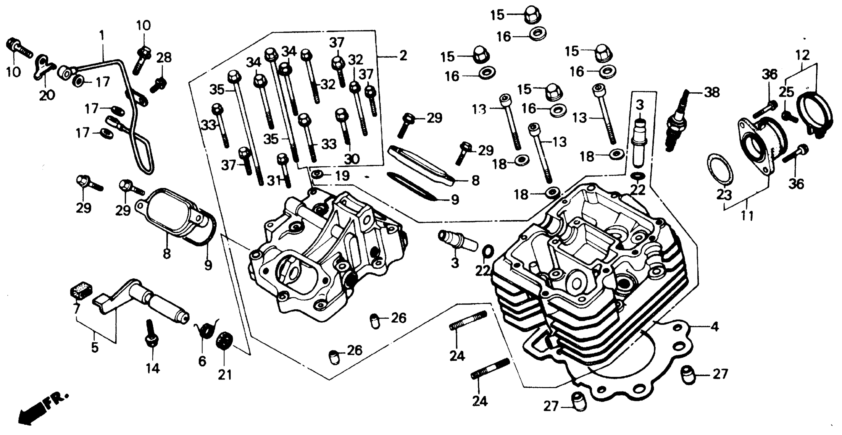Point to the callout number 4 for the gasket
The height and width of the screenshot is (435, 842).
pyautogui.click(x=715, y=327)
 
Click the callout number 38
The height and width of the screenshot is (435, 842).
pyautogui.click(x=712, y=93)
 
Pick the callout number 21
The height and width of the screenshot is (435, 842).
pyautogui.click(x=225, y=375)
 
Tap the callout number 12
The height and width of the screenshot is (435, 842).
pyautogui.click(x=803, y=55)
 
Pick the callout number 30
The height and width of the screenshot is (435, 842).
pyautogui.click(x=352, y=159)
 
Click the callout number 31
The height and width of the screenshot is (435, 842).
pyautogui.click(x=274, y=181)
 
